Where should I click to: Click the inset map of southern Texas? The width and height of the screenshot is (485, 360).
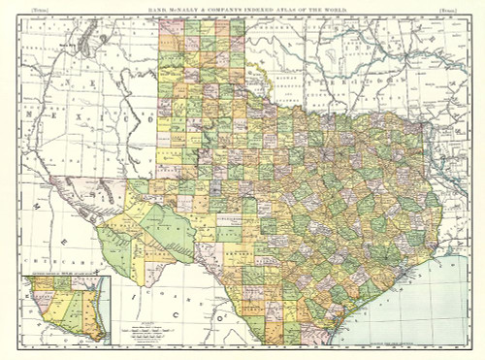65,309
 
